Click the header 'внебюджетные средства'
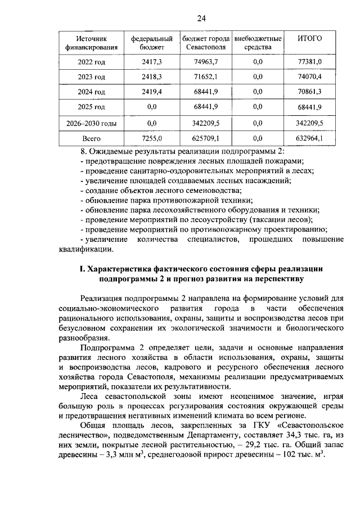pos(258,43)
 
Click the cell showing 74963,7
pos(205,61)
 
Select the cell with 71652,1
pos(205,76)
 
